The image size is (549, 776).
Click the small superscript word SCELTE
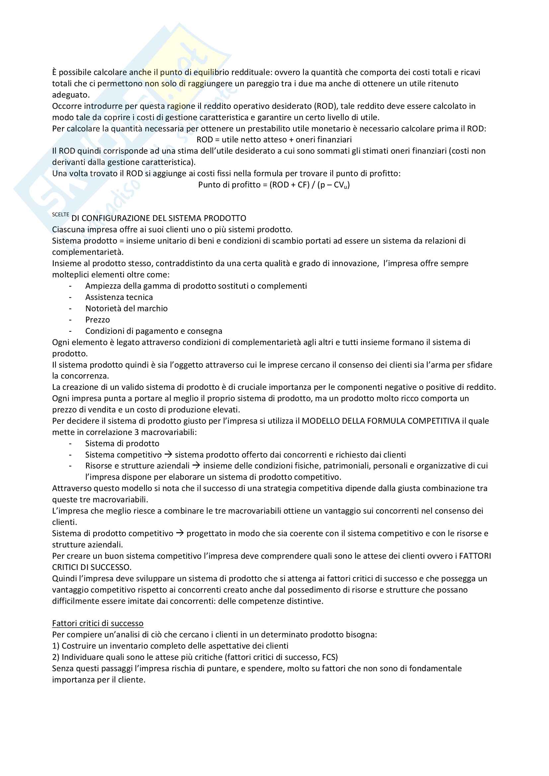point(60,215)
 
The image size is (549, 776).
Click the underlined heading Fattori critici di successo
point(98,623)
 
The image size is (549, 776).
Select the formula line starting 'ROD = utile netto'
point(274,140)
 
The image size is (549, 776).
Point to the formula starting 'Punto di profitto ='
point(274,185)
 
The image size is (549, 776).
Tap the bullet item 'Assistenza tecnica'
point(119,297)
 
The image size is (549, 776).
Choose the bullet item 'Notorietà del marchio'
point(126,308)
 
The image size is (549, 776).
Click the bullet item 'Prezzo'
point(97,320)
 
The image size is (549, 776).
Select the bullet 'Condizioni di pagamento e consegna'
point(153,331)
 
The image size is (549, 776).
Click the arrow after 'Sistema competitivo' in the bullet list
point(168,455)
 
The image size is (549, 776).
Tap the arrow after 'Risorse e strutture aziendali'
point(196,466)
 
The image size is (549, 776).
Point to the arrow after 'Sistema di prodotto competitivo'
point(180,533)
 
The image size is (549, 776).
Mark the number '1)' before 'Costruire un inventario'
point(56,646)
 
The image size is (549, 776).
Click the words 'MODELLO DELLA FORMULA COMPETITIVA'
point(381,421)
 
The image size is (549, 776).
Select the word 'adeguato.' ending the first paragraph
point(71,95)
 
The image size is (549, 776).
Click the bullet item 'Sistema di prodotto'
point(122,444)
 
